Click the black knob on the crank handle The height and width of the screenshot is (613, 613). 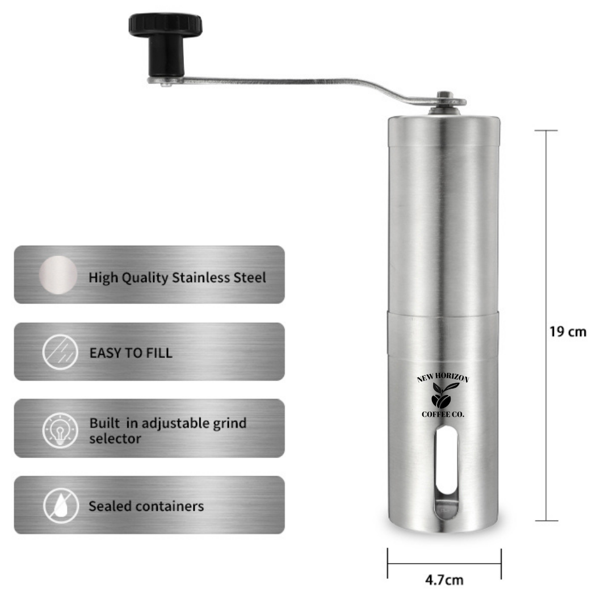[x=166, y=44]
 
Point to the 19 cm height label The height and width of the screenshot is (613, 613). [x=568, y=332]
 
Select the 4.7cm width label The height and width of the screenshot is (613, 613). [x=444, y=580]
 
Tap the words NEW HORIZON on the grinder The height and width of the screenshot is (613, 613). [x=443, y=377]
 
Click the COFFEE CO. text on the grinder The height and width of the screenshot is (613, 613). [x=443, y=414]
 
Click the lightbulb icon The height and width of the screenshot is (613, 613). [x=60, y=430]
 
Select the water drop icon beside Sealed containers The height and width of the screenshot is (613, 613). [x=61, y=506]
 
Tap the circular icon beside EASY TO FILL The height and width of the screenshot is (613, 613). [x=60, y=352]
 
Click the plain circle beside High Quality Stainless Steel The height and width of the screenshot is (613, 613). [x=58, y=275]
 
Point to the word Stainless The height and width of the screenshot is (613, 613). [x=201, y=278]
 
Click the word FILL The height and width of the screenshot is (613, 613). [x=159, y=353]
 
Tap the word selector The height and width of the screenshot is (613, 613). [x=115, y=439]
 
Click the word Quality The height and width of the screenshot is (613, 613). [x=145, y=278]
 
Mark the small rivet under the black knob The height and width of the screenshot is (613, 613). [x=166, y=83]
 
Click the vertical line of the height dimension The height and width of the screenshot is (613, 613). [x=546, y=325]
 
